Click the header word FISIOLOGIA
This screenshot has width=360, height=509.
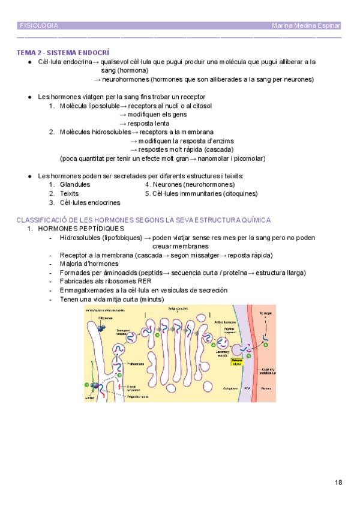pos(39,26)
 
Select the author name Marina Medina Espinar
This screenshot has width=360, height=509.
pos(306,26)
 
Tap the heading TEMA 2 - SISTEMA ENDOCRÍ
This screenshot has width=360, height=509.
pos(63,53)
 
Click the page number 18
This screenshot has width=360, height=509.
pos(338,482)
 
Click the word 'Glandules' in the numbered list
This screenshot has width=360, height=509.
pos(75,185)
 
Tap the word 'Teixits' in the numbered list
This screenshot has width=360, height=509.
pos(70,194)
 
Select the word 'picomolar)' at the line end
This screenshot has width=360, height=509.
pos(248,158)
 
